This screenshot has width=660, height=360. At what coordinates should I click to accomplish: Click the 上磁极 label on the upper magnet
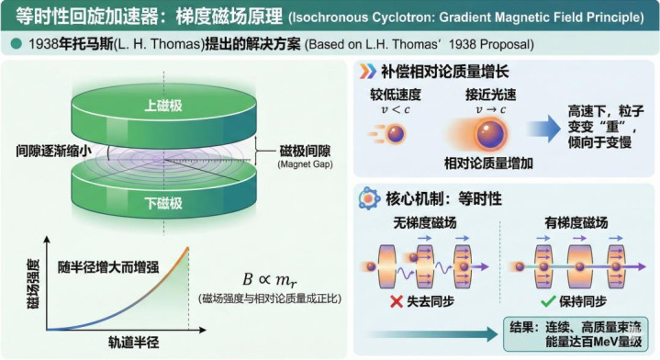[x=163, y=106]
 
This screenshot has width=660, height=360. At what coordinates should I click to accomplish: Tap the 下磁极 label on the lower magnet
[x=163, y=203]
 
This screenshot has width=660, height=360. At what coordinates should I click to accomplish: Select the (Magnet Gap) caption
[x=305, y=164]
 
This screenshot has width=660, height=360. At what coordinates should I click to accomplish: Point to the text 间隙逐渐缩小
[x=53, y=151]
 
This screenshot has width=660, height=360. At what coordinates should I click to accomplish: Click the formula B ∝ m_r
[x=270, y=279]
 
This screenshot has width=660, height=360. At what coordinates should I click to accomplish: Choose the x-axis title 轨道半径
[x=133, y=343]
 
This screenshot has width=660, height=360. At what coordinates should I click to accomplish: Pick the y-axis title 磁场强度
[x=33, y=284]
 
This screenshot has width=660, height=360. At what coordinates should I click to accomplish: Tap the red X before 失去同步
[x=397, y=301]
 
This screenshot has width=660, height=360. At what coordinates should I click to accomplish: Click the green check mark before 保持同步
[x=548, y=301]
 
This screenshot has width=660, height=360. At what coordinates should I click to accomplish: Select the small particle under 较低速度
[x=396, y=134]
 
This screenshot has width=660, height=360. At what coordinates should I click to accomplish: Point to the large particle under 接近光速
[x=490, y=134]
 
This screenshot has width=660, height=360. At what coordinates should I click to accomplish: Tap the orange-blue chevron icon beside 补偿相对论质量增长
[x=367, y=72]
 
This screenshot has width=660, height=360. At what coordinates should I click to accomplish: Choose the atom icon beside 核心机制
[x=369, y=198]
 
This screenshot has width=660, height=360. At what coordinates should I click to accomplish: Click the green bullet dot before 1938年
[x=16, y=44]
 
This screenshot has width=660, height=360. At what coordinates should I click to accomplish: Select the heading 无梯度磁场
[x=425, y=223]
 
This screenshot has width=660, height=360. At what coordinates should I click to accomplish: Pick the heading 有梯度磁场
[x=576, y=223]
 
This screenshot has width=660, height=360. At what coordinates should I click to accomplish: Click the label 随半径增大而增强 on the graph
[x=108, y=267]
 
